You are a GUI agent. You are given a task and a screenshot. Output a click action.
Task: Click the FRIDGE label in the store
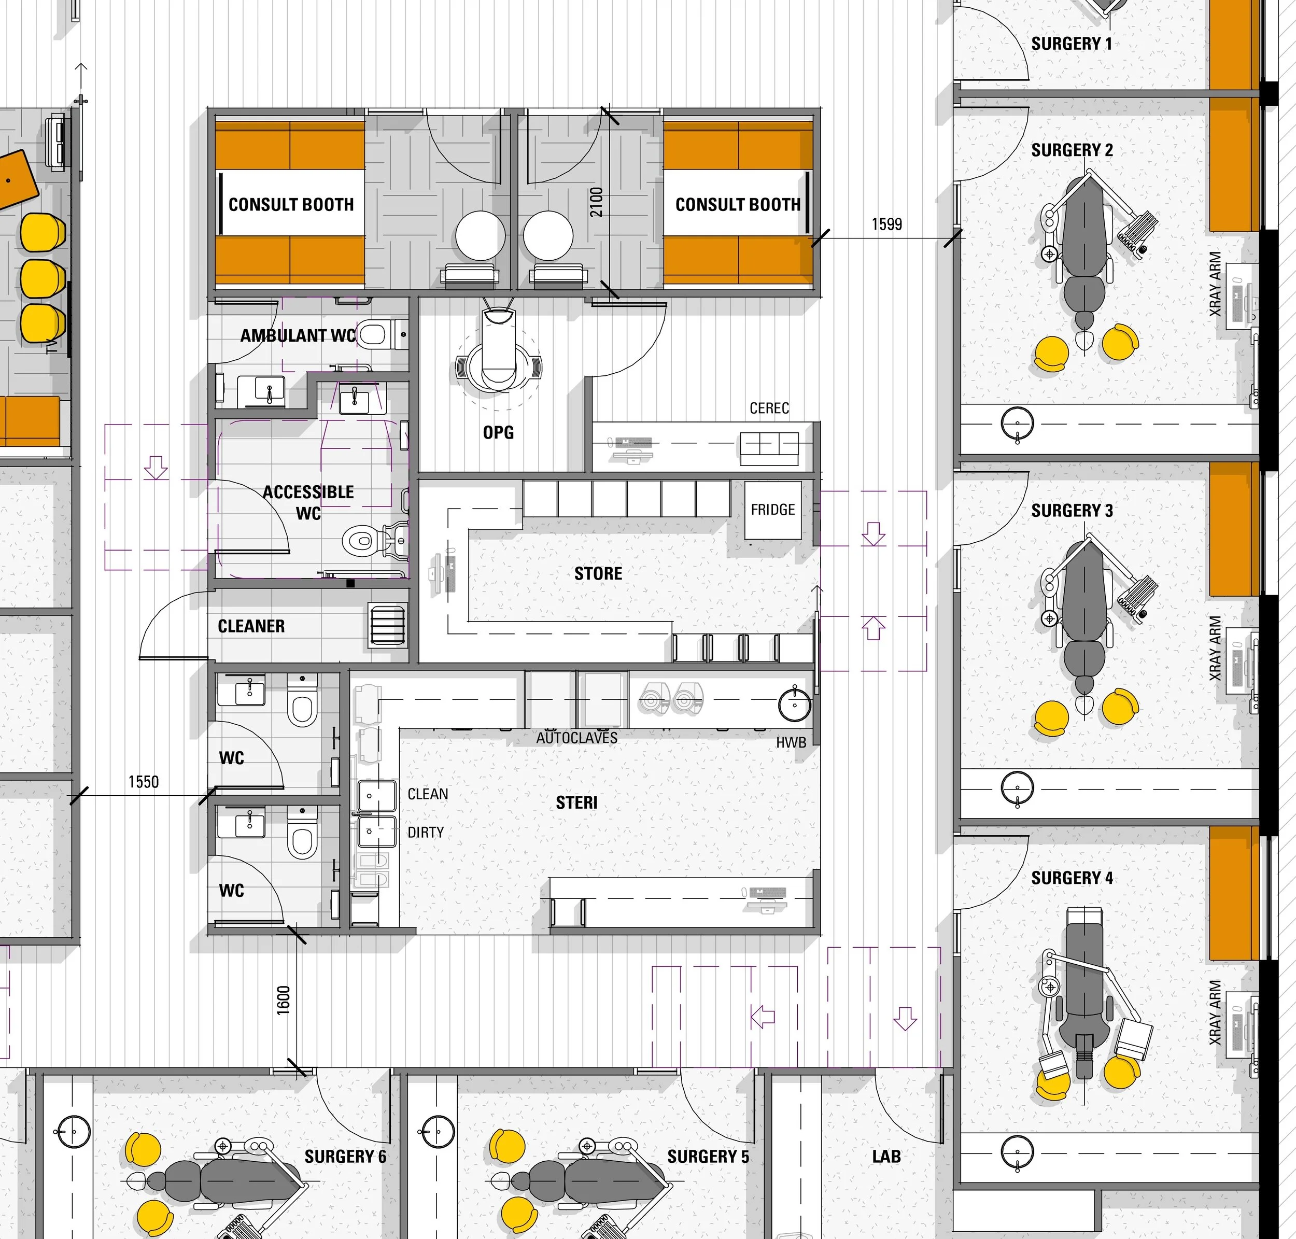point(772,510)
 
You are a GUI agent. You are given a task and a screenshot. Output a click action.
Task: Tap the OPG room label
point(498,432)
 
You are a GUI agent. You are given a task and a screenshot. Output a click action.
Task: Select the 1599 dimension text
point(886,224)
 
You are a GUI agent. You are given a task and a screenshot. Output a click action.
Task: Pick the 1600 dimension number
point(284,1000)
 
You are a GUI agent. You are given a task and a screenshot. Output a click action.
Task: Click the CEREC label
point(769,408)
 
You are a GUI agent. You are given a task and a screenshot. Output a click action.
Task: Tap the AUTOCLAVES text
point(576,738)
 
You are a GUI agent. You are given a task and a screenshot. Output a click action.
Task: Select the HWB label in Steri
point(791,742)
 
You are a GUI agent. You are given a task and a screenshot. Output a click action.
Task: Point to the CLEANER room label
point(251,626)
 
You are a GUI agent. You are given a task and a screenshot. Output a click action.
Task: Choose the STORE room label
point(598,573)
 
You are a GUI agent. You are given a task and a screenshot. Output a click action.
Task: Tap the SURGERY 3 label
point(1072,511)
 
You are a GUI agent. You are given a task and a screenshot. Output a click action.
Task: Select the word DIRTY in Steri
point(426,832)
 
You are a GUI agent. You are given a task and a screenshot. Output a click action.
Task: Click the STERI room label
point(576,802)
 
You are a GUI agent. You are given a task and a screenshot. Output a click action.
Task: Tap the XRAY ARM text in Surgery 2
point(1215,284)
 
